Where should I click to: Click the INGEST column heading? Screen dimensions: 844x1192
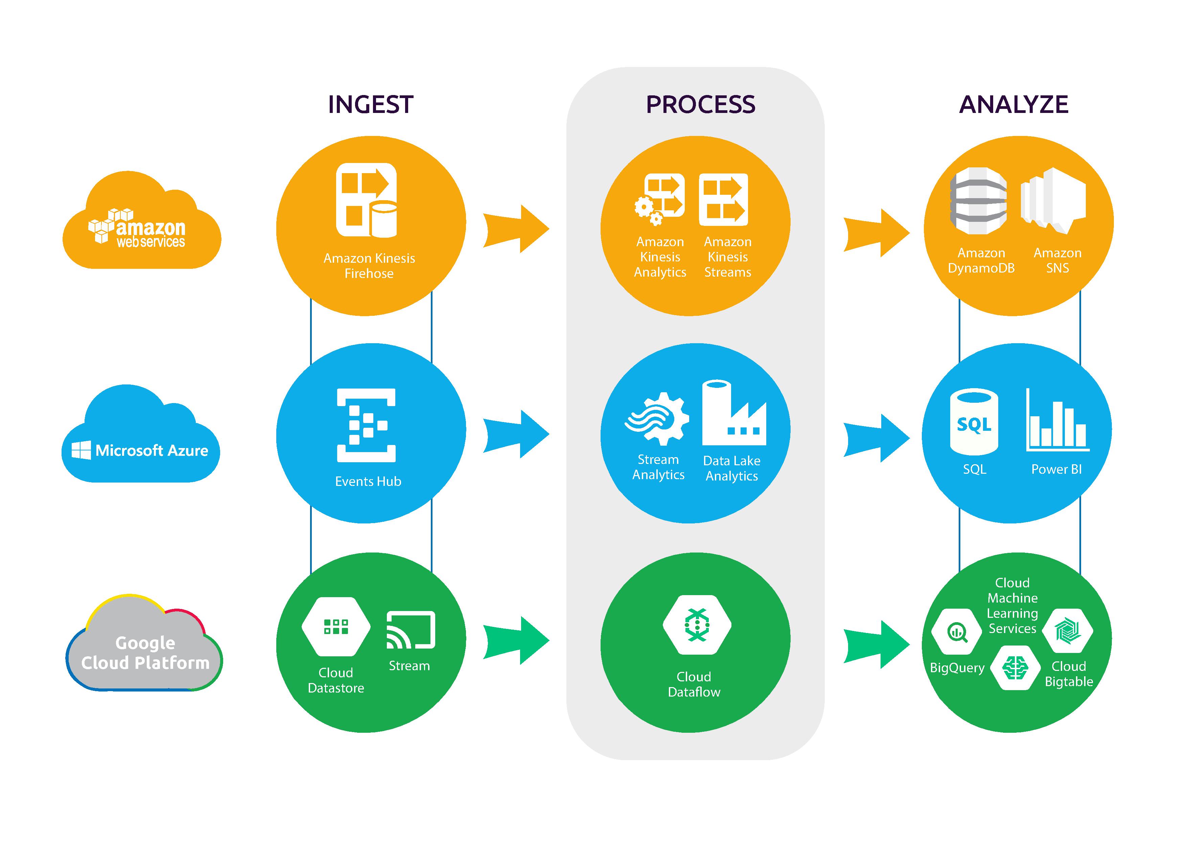[371, 104]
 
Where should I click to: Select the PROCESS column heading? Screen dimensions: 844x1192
[700, 104]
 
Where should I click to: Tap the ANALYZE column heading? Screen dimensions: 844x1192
[1013, 104]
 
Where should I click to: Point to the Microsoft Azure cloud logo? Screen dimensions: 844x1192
[141, 439]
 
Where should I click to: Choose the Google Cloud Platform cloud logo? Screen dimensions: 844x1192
[144, 647]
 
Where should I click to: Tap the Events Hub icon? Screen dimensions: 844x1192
[366, 425]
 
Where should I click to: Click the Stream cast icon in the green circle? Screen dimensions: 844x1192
[411, 630]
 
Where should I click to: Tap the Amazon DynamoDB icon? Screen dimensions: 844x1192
[978, 201]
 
